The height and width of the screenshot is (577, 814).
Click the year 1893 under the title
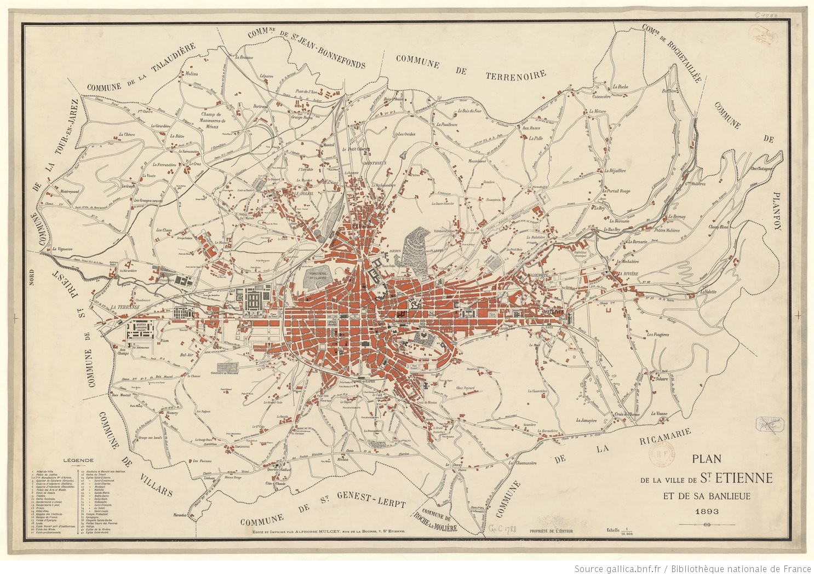[707, 512]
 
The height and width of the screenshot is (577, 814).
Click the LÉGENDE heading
[79, 460]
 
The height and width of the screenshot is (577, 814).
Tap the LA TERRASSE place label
[125, 308]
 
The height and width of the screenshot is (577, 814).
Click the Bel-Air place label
[188, 354]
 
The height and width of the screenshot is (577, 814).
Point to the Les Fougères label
[657, 334]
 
